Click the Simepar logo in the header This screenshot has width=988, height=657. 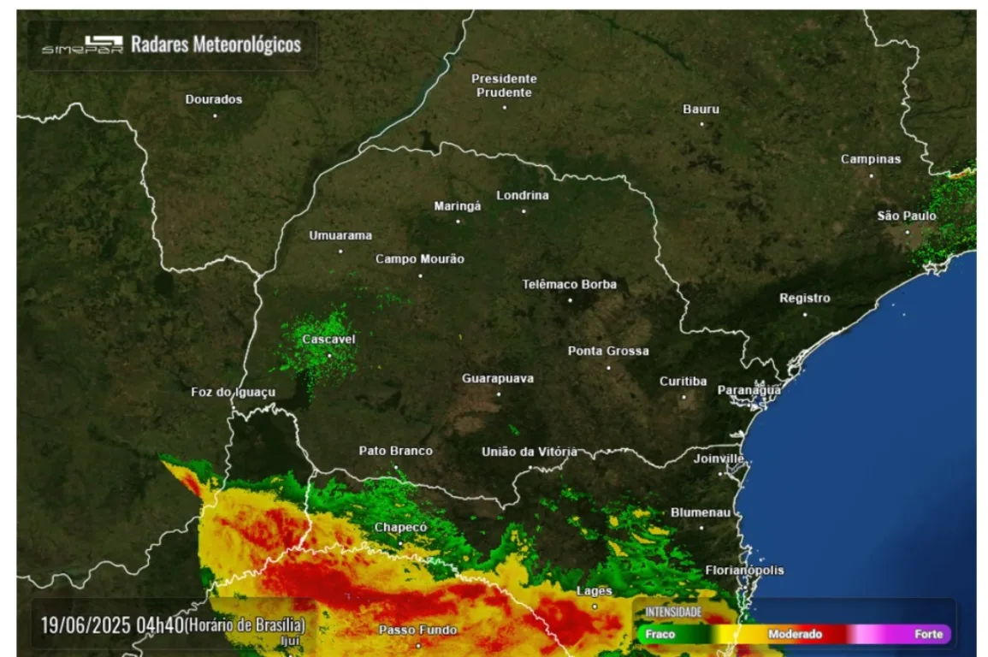(x=82, y=44)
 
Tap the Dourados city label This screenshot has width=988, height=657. (x=214, y=99)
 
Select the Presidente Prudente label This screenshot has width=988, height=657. (x=504, y=86)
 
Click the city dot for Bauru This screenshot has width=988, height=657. (x=701, y=124)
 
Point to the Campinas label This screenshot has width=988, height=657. (x=870, y=159)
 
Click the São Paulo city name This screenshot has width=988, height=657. (x=906, y=216)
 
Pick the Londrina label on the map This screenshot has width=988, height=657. (x=523, y=195)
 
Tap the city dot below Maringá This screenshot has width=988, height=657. (x=458, y=221)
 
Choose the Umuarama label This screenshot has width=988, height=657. (x=340, y=235)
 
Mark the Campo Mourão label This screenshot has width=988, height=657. (x=419, y=259)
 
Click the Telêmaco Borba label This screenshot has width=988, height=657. (x=569, y=285)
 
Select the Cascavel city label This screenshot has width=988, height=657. (x=328, y=340)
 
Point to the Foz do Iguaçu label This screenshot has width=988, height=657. (x=233, y=393)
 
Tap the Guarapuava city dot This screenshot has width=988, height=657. (x=499, y=394)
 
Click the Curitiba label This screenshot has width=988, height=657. (x=683, y=382)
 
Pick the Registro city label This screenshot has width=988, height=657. (x=804, y=299)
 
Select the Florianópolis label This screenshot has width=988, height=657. (x=744, y=571)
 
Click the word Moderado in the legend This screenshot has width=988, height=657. (x=795, y=635)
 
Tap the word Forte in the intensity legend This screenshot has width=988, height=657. (x=928, y=635)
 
